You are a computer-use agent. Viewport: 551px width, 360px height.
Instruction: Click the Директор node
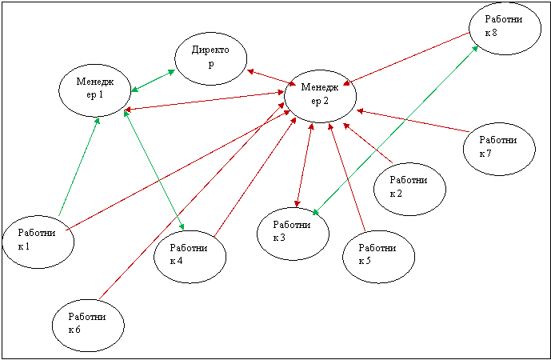click(x=211, y=58)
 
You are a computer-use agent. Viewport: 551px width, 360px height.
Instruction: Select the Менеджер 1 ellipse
click(x=95, y=90)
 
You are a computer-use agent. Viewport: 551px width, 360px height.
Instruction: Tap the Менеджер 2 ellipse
click(x=320, y=96)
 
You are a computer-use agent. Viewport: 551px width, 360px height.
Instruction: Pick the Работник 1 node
click(x=38, y=242)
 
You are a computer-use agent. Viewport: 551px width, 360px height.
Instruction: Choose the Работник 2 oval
click(x=409, y=189)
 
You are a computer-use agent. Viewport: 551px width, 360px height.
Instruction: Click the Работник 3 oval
click(x=293, y=234)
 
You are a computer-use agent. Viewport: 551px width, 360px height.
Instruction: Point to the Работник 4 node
click(x=190, y=257)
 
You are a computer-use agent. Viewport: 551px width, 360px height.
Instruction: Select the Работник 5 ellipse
click(x=379, y=257)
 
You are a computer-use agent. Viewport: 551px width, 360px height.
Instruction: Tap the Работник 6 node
click(x=88, y=325)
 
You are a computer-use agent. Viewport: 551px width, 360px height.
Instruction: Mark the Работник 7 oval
click(x=499, y=149)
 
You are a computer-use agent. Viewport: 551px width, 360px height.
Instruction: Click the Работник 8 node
click(x=505, y=29)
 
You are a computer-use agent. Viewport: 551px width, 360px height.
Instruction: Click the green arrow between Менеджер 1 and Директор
click(x=154, y=81)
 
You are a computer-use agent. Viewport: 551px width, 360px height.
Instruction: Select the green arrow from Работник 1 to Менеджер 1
click(x=79, y=166)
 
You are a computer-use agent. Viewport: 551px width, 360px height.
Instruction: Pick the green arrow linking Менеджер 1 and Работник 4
click(x=154, y=170)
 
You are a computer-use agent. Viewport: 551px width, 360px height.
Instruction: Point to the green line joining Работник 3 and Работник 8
click(x=395, y=130)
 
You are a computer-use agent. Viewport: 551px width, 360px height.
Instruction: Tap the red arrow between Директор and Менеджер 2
click(x=272, y=78)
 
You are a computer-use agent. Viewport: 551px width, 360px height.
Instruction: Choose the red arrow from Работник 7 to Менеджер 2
click(x=413, y=122)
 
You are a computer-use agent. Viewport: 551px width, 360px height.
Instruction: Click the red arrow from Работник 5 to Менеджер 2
click(x=347, y=177)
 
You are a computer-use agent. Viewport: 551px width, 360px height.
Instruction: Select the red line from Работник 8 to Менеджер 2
click(x=406, y=58)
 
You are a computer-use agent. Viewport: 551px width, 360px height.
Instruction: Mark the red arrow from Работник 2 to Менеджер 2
click(x=368, y=143)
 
